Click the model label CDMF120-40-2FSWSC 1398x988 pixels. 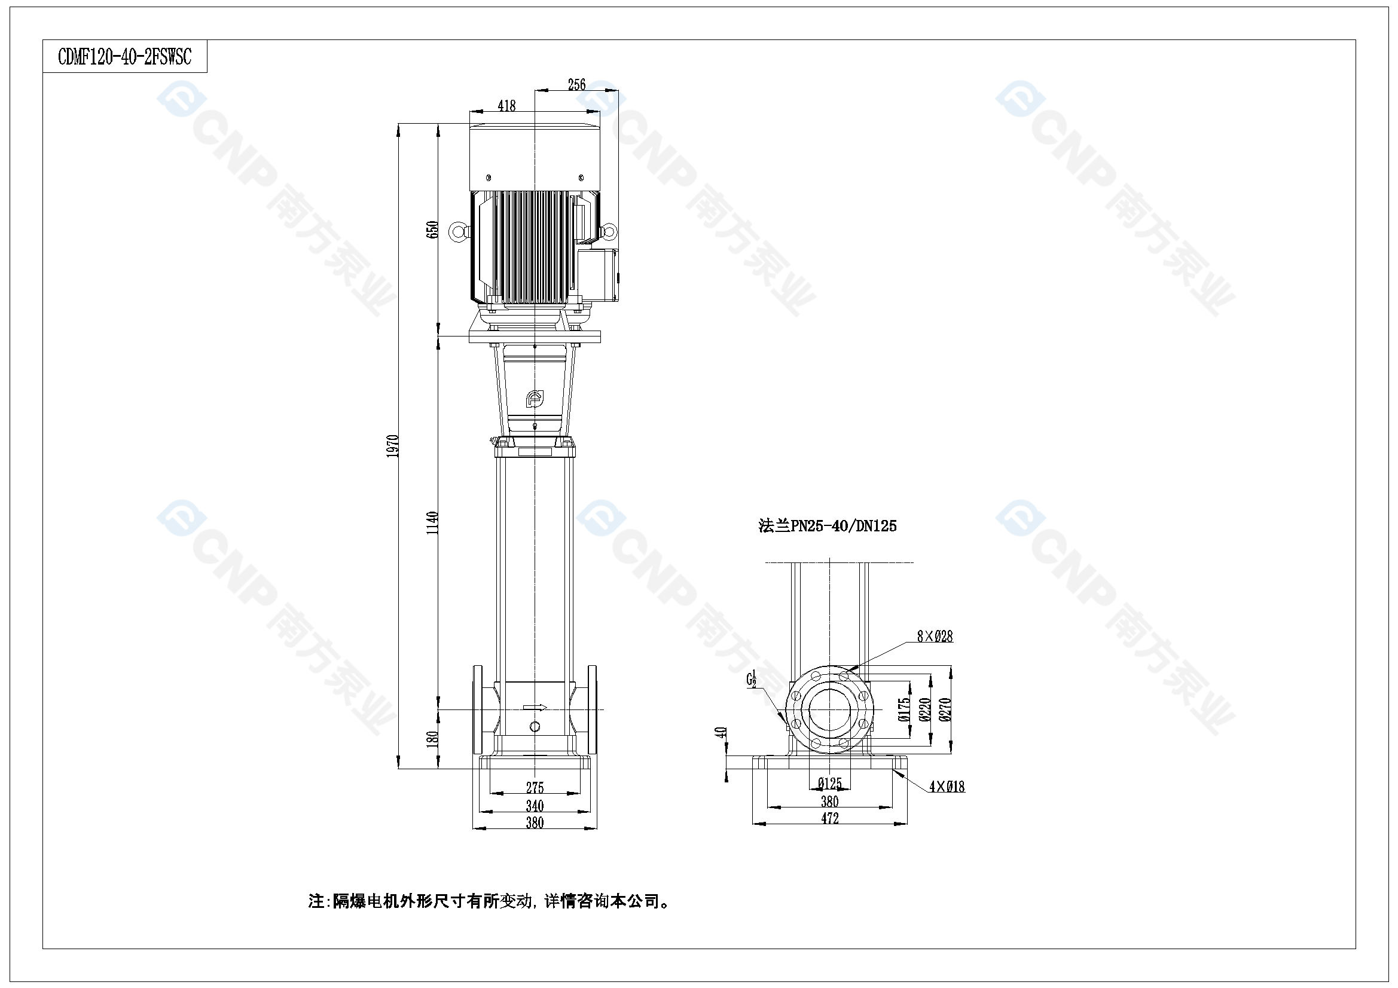point(125,57)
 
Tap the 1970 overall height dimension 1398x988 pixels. point(393,446)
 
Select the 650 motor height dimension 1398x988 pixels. point(432,230)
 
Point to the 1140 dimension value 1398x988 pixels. point(432,523)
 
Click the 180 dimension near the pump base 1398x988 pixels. point(432,739)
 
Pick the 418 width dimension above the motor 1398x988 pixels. point(506,106)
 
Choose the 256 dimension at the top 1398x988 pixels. point(576,85)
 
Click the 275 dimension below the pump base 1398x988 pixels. point(535,788)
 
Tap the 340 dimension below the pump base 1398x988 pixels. point(535,806)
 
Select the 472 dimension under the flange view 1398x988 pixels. point(830,819)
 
